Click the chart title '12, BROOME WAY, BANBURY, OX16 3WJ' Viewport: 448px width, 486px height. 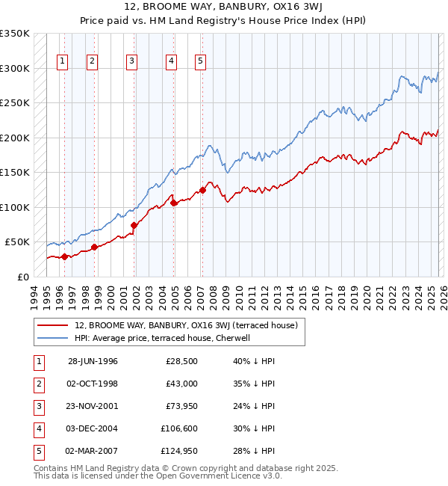[x=224, y=7]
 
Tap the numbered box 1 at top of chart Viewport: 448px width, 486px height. [x=62, y=62]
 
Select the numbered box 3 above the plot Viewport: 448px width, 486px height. [x=131, y=62]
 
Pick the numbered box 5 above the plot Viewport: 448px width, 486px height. [x=201, y=62]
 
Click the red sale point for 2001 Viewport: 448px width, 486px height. [x=134, y=225]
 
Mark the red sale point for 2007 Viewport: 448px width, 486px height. [x=202, y=190]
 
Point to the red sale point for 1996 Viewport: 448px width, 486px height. [x=65, y=256]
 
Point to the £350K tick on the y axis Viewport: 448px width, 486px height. [x=15, y=34]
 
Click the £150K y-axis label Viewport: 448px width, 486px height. [x=15, y=173]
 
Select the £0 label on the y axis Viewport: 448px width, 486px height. [x=22, y=277]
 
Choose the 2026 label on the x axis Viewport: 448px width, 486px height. [x=442, y=295]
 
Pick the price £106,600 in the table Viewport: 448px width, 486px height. [x=177, y=428]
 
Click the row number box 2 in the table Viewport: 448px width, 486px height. [x=38, y=384]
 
